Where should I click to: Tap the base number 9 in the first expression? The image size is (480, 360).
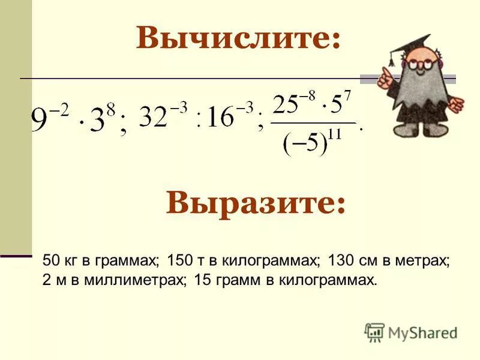point(40,122)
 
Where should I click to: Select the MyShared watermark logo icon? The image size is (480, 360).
point(374,331)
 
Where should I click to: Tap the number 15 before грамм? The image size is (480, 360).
point(202,280)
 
